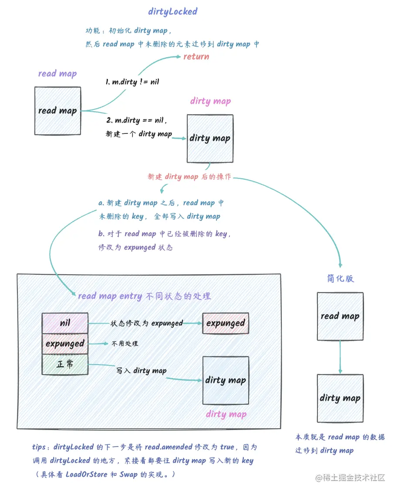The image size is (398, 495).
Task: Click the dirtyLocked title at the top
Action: click(172, 12)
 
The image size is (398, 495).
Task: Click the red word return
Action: click(196, 57)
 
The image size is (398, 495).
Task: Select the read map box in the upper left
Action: click(57, 111)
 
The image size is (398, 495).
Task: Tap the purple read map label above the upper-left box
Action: click(57, 73)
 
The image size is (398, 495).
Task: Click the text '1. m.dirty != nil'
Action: click(132, 82)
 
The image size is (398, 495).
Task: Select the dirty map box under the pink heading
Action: click(210, 139)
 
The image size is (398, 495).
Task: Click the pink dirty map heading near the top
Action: click(210, 101)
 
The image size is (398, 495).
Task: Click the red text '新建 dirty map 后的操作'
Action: click(189, 177)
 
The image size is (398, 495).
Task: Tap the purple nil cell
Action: click(65, 323)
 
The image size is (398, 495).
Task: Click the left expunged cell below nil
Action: click(65, 344)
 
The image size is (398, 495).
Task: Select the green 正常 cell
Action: click(65, 364)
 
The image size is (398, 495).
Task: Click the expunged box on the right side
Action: click(226, 323)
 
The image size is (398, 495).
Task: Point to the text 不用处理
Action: click(125, 344)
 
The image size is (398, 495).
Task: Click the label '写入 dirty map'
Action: click(141, 371)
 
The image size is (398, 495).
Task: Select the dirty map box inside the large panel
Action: click(226, 380)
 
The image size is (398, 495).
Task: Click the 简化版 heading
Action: click(340, 279)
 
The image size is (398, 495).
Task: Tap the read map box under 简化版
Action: click(340, 316)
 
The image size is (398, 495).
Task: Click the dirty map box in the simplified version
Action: click(340, 398)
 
